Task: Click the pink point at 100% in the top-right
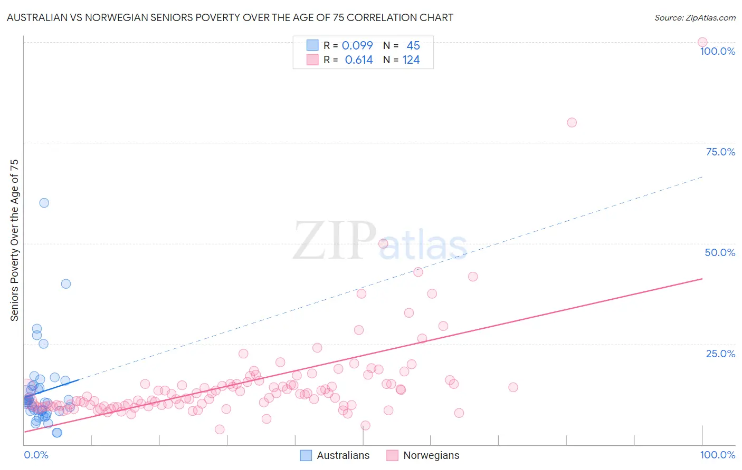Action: pyautogui.click(x=702, y=42)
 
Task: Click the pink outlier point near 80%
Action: pyautogui.click(x=572, y=122)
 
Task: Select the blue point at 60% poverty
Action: pyautogui.click(x=44, y=203)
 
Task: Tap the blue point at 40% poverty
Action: pyautogui.click(x=66, y=283)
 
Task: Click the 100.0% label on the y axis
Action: pyautogui.click(x=717, y=51)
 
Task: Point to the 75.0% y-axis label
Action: pyautogui.click(x=720, y=152)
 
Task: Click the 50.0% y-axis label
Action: pyautogui.click(x=720, y=252)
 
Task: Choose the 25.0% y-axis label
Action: pyautogui.click(x=720, y=354)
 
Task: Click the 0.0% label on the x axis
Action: pyautogui.click(x=36, y=455)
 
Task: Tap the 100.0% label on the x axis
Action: pyautogui.click(x=717, y=455)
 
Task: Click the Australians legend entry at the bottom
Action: pyautogui.click(x=343, y=455)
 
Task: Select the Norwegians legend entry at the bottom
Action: pyautogui.click(x=431, y=455)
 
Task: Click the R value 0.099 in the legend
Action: pyautogui.click(x=357, y=46)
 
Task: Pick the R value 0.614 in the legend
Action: pyautogui.click(x=359, y=60)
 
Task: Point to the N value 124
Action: pyautogui.click(x=411, y=60)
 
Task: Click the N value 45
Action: pyautogui.click(x=413, y=46)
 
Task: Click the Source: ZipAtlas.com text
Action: pyautogui.click(x=695, y=18)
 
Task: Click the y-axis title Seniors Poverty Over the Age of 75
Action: pyautogui.click(x=15, y=240)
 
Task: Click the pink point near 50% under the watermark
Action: pyautogui.click(x=383, y=243)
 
